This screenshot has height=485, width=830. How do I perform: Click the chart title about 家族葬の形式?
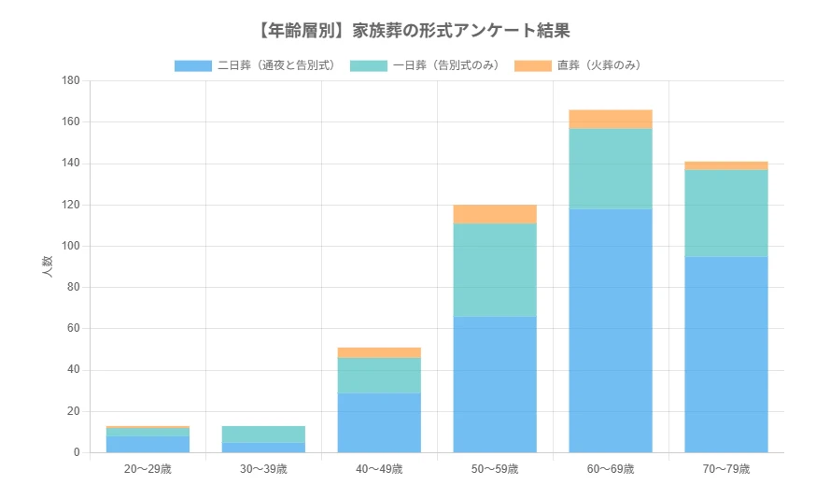[414, 31]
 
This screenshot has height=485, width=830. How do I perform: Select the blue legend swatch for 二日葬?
[192, 65]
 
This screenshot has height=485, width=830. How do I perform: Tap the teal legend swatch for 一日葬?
[369, 65]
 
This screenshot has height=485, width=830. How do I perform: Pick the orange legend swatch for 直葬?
[533, 65]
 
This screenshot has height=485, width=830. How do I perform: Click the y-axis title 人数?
[47, 266]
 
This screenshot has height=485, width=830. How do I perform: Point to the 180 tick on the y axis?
[70, 81]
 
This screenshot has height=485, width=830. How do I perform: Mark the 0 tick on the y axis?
[77, 453]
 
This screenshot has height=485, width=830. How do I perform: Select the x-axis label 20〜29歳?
[148, 468]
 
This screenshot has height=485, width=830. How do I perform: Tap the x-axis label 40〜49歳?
[379, 468]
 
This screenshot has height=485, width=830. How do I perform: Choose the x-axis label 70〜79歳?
[725, 468]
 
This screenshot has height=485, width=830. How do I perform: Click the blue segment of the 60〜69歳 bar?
[611, 331]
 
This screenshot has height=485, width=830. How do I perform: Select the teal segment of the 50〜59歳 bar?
[495, 270]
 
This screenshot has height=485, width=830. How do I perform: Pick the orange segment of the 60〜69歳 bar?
[611, 119]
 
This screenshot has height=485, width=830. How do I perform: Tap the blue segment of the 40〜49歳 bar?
[379, 422]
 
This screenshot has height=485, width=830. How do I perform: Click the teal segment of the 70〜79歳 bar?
[725, 213]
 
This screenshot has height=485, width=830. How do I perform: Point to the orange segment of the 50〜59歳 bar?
[495, 214]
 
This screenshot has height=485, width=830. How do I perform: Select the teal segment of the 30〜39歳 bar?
[263, 435]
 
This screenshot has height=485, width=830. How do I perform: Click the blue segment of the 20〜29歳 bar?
[148, 444]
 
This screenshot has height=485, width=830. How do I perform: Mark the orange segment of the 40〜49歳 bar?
[379, 352]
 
